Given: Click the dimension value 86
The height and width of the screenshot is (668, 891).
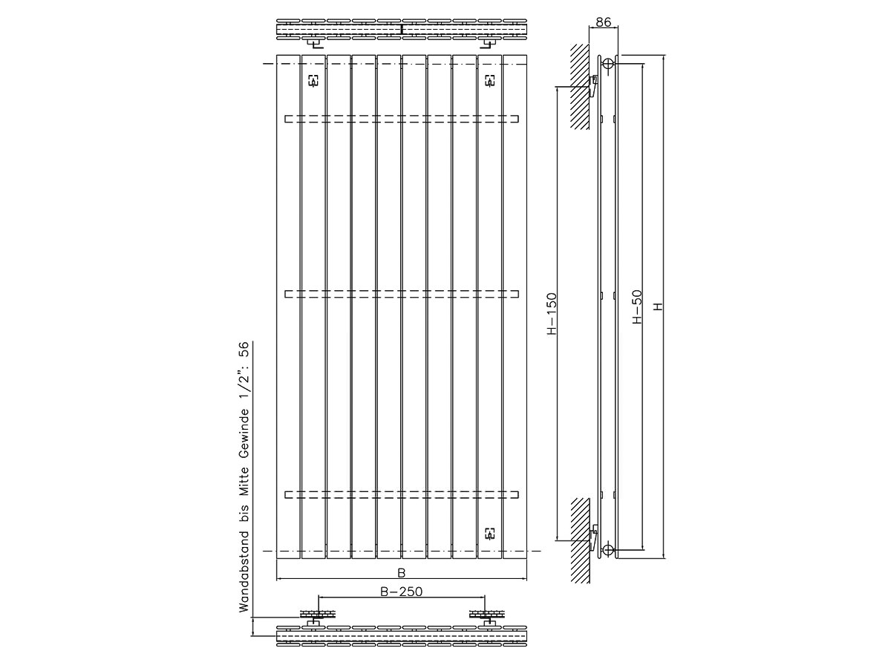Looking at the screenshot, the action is [603, 22].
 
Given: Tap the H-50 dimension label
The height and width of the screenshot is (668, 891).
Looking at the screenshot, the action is [637, 307].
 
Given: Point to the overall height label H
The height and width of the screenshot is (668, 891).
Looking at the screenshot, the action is [659, 307].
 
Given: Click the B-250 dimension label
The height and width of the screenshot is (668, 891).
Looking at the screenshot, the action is [401, 592].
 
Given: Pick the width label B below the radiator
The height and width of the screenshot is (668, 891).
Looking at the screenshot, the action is [401, 573].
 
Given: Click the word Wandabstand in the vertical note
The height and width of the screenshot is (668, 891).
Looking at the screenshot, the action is [244, 572].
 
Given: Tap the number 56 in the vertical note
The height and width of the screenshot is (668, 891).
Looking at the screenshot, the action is [244, 350].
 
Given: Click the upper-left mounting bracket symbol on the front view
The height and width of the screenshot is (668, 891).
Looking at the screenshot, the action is [313, 80].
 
